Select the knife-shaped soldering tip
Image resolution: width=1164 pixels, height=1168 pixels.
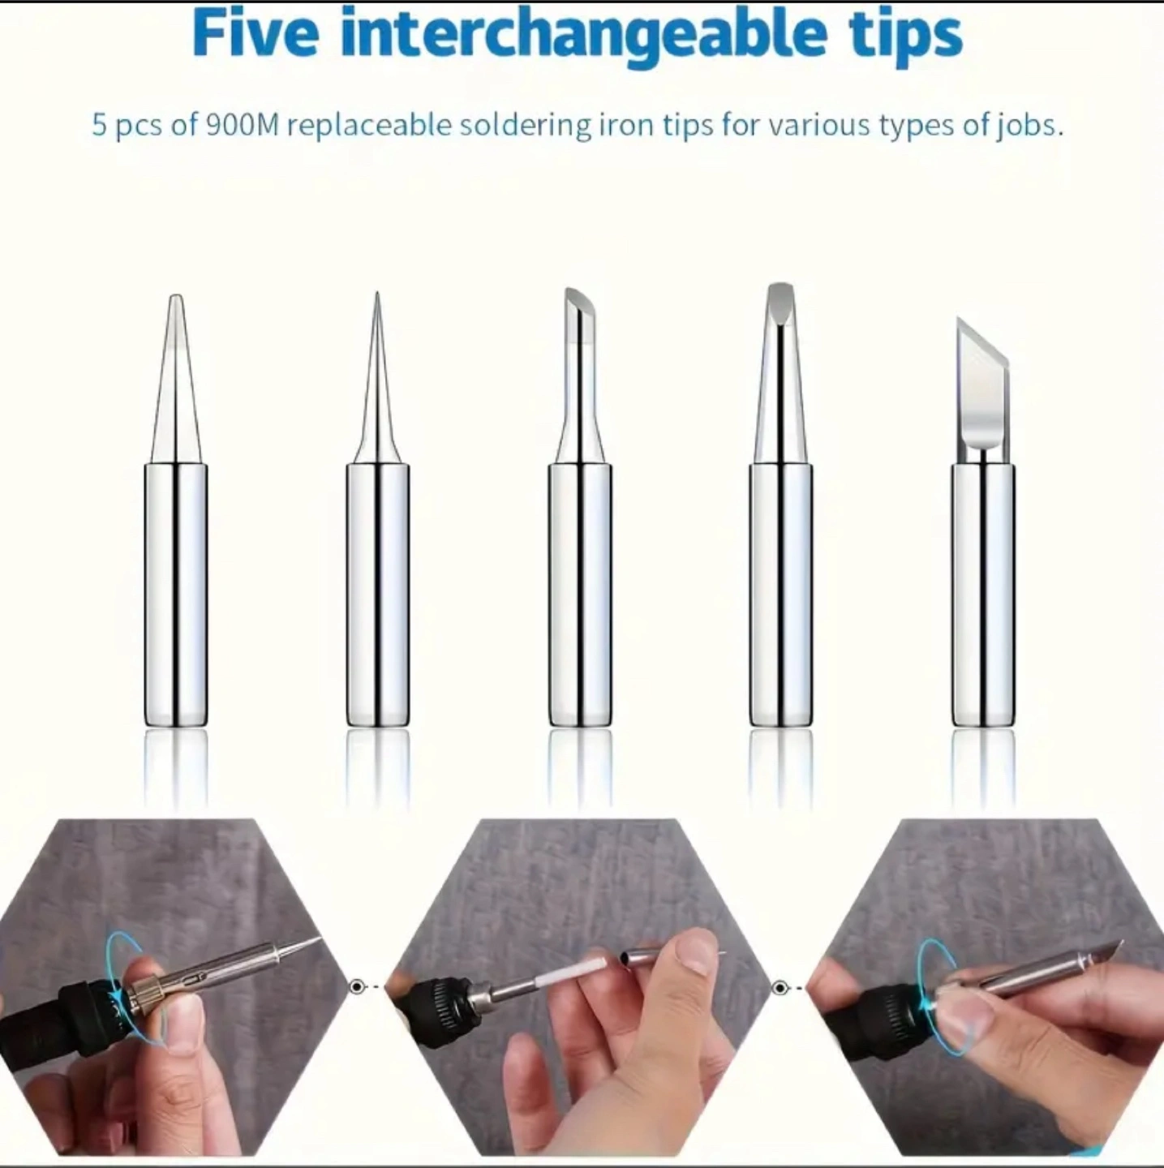click(983, 522)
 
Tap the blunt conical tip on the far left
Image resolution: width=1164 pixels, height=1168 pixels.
click(176, 510)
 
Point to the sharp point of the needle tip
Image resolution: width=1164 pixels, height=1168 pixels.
click(377, 293)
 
